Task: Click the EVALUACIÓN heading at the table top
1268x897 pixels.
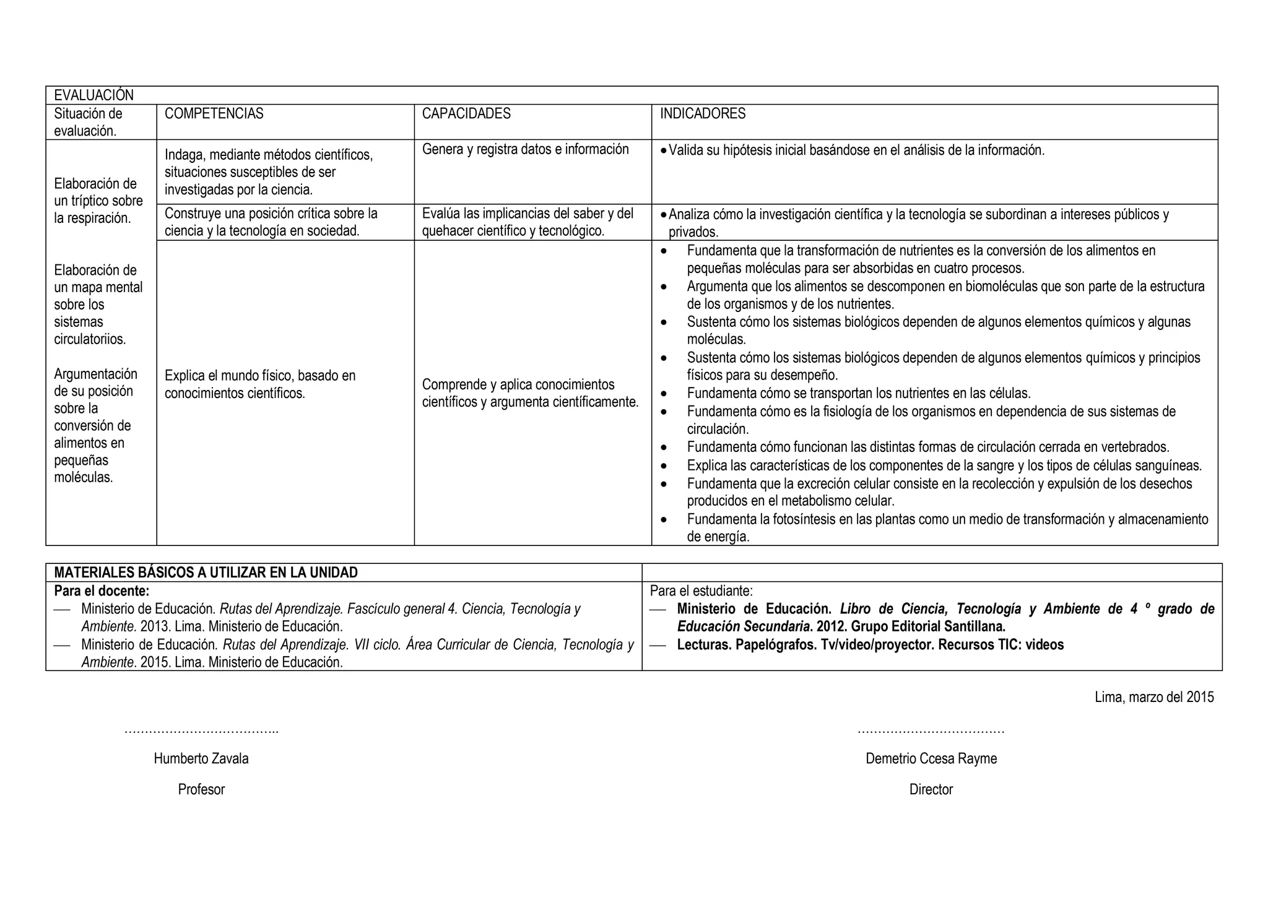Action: (x=93, y=95)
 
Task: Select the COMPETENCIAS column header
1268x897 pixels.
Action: (x=214, y=114)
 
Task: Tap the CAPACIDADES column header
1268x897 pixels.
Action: (x=466, y=114)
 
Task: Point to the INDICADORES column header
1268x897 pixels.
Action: (x=702, y=114)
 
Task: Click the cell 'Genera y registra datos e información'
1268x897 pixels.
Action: (x=525, y=149)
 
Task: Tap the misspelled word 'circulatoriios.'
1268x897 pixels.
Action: (x=90, y=339)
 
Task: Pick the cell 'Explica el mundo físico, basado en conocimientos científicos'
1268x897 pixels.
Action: (x=260, y=384)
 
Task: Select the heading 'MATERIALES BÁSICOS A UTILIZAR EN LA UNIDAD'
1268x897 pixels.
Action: (x=206, y=573)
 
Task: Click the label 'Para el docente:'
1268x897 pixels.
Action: (x=102, y=591)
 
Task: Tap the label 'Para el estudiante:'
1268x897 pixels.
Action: (x=701, y=591)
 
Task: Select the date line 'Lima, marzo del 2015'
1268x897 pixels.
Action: (x=1153, y=697)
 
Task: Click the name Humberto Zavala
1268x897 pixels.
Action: (x=201, y=759)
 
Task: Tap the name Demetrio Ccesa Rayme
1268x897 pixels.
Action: (x=931, y=759)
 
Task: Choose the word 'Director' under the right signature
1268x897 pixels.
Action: (x=931, y=790)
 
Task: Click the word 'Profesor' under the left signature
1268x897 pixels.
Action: (x=201, y=790)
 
